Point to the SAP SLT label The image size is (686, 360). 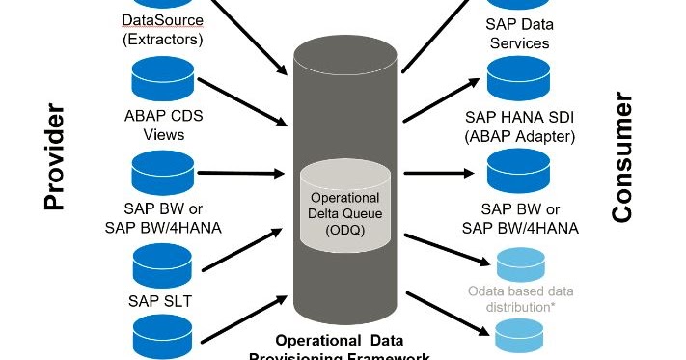tap(160, 300)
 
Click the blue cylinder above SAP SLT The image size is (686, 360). tap(162, 262)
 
